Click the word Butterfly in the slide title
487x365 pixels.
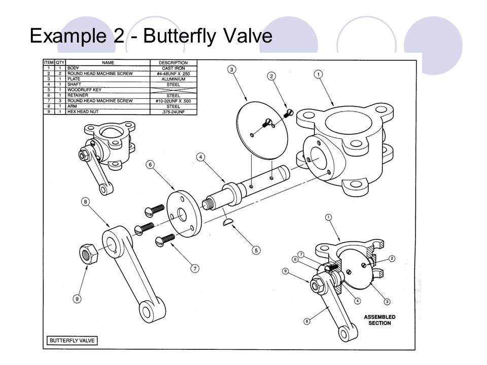(x=177, y=36)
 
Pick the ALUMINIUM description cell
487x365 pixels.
(x=173, y=79)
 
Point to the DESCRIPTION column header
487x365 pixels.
(x=173, y=63)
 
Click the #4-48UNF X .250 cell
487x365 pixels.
(x=173, y=74)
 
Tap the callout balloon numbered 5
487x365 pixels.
(x=256, y=250)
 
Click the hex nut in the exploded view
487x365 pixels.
(x=89, y=253)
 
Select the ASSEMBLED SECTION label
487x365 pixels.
(x=379, y=320)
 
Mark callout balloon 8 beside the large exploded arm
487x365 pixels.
(x=86, y=202)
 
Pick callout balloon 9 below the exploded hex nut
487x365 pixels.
(x=77, y=299)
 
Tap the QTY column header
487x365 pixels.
(x=59, y=63)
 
